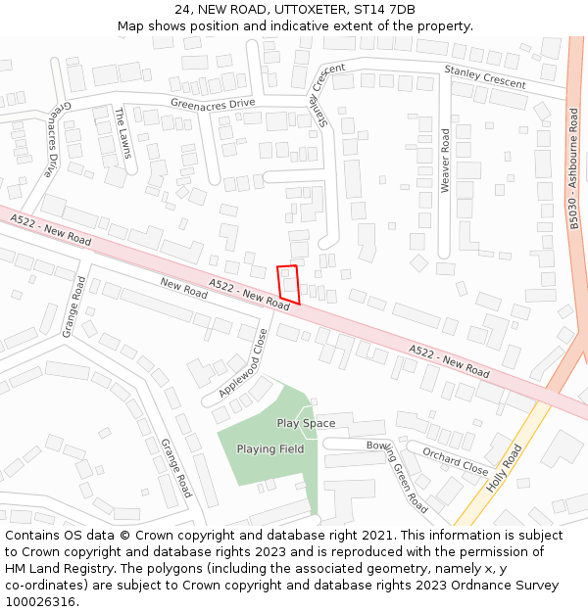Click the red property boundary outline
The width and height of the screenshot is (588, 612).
tap(288, 283)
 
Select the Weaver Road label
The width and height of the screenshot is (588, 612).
tap(445, 160)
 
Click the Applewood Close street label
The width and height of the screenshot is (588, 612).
tap(244, 361)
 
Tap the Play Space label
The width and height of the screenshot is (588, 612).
tap(306, 424)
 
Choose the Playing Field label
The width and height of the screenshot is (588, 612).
tap(270, 449)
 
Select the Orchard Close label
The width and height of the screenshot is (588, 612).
tap(455, 461)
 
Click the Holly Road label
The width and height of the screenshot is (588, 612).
tap(505, 469)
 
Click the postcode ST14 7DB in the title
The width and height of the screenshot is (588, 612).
tap(382, 10)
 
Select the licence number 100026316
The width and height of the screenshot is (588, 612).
tap(40, 601)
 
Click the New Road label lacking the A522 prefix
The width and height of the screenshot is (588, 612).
tap(184, 288)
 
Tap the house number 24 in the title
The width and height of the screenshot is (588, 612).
tap(183, 10)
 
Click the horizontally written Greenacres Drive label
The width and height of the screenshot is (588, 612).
tap(213, 103)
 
